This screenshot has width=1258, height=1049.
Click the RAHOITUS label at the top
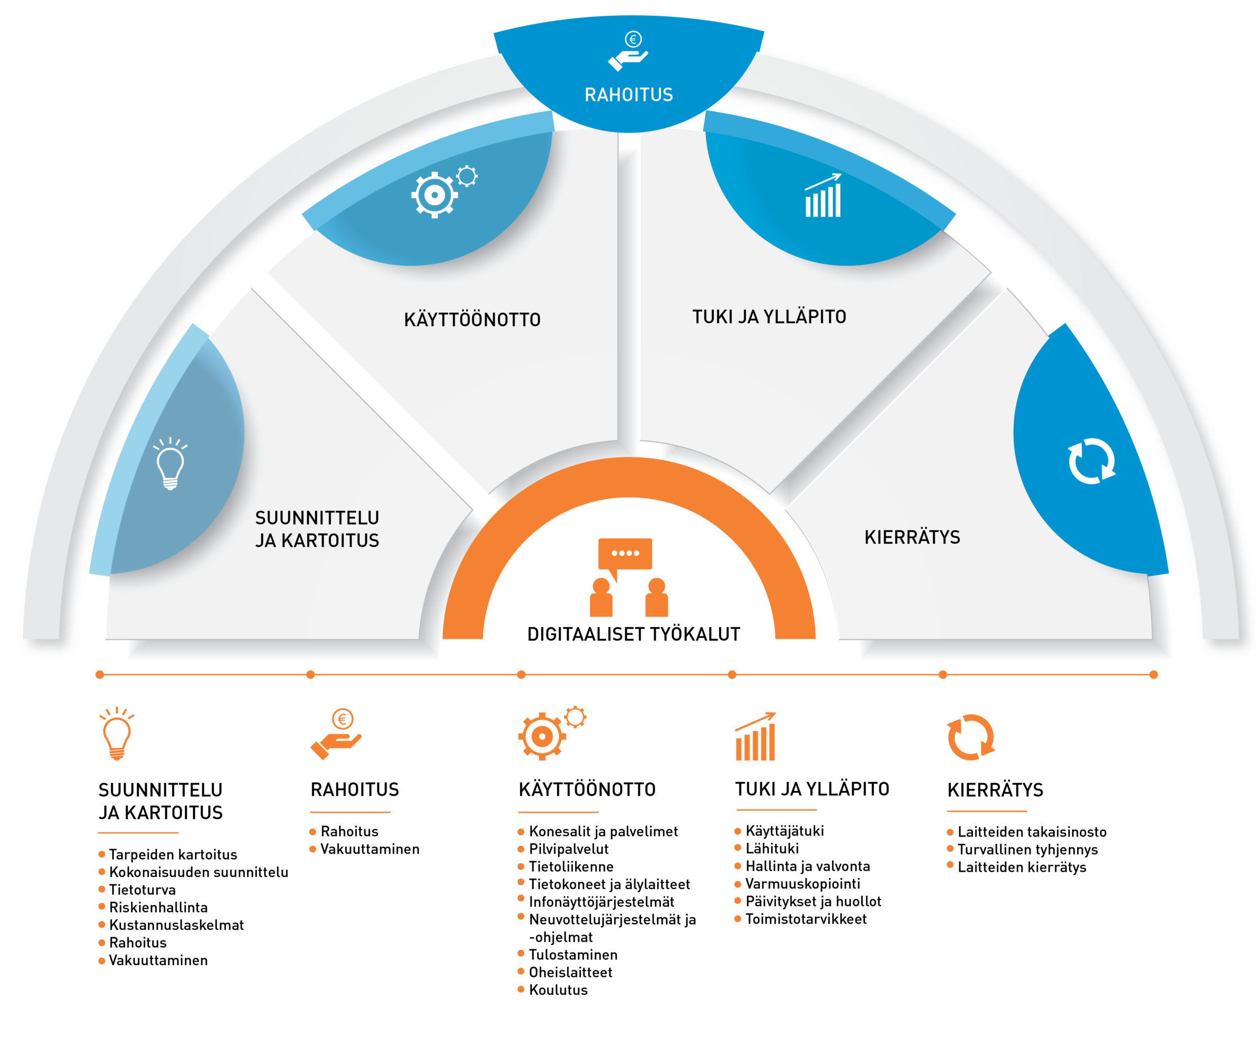(628, 95)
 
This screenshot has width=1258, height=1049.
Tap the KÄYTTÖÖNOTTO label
(472, 319)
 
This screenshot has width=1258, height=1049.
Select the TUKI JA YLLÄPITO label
(769, 316)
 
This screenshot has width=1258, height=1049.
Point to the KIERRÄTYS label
(912, 537)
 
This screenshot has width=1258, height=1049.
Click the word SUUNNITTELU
(317, 517)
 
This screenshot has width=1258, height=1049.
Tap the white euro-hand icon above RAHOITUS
(628, 51)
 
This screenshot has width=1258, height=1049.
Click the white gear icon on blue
(436, 194)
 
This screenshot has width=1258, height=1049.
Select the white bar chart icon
(823, 196)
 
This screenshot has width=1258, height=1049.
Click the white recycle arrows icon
(1091, 461)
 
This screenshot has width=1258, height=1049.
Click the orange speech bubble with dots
(625, 554)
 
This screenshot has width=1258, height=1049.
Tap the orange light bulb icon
(117, 734)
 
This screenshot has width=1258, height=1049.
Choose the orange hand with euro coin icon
(337, 735)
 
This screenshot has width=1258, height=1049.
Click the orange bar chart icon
(755, 737)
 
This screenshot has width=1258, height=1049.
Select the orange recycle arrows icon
(970, 737)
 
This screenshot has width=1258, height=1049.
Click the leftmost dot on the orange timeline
(100, 675)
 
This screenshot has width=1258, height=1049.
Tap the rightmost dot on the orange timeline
(1153, 675)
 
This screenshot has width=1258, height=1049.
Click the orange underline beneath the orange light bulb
(138, 832)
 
